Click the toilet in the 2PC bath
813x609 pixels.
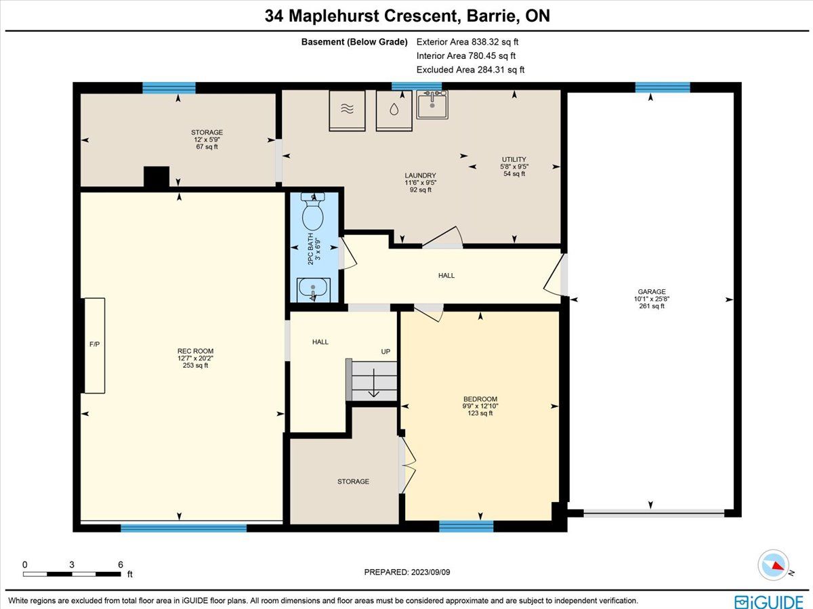click(313, 211)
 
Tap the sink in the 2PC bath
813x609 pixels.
click(314, 289)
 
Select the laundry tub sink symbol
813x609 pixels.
click(432, 104)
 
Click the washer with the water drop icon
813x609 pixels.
click(394, 110)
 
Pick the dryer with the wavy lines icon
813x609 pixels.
click(347, 110)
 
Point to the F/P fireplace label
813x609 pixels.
click(94, 344)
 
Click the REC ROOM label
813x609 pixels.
click(195, 351)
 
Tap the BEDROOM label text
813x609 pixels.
click(480, 399)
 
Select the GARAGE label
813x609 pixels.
click(652, 292)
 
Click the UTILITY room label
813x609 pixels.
click(514, 160)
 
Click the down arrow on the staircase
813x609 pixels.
click(373, 383)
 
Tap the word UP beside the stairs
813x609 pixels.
click(385, 352)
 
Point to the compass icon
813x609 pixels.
click(774, 565)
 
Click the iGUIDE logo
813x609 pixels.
click(769, 602)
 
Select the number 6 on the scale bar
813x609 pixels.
click(121, 564)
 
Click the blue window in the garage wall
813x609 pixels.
click(663, 87)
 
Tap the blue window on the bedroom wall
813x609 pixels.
click(466, 526)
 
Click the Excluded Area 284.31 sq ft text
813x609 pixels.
click(470, 70)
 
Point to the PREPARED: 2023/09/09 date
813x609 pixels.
click(407, 572)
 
